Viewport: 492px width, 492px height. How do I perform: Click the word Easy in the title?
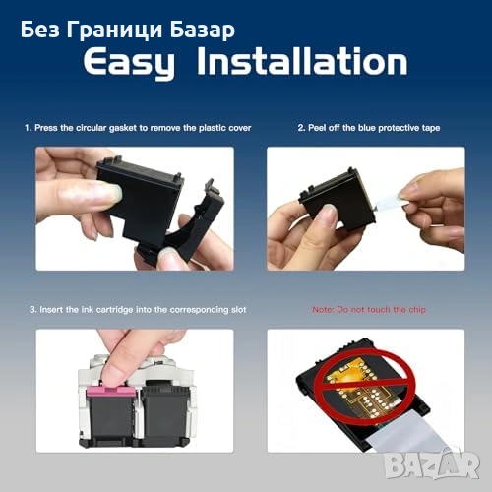click(x=129, y=62)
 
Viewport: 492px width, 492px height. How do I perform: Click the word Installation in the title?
click(x=302, y=61)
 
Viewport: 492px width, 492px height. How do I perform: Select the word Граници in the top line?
click(x=114, y=31)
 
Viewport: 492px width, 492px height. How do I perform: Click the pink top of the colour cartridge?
click(x=110, y=392)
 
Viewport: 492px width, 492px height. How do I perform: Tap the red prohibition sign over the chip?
click(x=364, y=387)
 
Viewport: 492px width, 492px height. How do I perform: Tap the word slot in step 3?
click(x=238, y=310)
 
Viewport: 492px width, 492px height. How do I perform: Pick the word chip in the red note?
click(x=417, y=310)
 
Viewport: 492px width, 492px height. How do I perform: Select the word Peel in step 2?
click(x=317, y=128)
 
